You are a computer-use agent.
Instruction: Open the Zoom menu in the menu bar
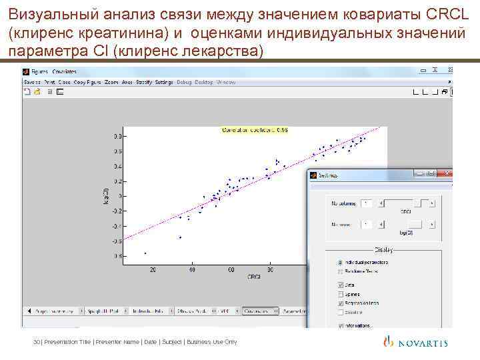pyautogui.click(x=111, y=82)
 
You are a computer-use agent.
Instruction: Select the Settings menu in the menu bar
pyautogui.click(x=164, y=82)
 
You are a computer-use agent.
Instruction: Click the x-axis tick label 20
pyautogui.click(x=153, y=269)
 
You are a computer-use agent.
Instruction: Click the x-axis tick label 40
pyautogui.click(x=192, y=269)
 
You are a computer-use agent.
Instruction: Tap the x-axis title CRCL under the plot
pyautogui.click(x=254, y=277)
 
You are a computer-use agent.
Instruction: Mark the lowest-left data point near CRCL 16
pyautogui.click(x=145, y=253)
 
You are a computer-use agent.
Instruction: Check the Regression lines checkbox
pyautogui.click(x=341, y=303)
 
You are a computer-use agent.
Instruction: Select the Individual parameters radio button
pyautogui.click(x=341, y=262)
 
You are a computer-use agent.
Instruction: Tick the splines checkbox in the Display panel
pyautogui.click(x=341, y=293)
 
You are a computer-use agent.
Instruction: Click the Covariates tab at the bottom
pyautogui.click(x=259, y=311)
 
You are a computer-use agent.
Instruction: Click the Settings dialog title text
pyautogui.click(x=328, y=175)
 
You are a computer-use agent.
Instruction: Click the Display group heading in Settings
pyautogui.click(x=383, y=250)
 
